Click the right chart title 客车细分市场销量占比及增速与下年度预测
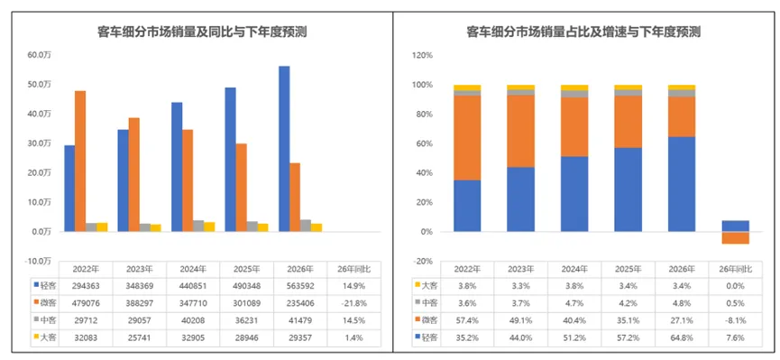(583, 32)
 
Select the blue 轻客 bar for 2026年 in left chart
(284, 149)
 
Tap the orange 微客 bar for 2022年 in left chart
(80, 161)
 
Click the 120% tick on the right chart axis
(421, 55)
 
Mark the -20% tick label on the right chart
(421, 262)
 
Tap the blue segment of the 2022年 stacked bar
(467, 206)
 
